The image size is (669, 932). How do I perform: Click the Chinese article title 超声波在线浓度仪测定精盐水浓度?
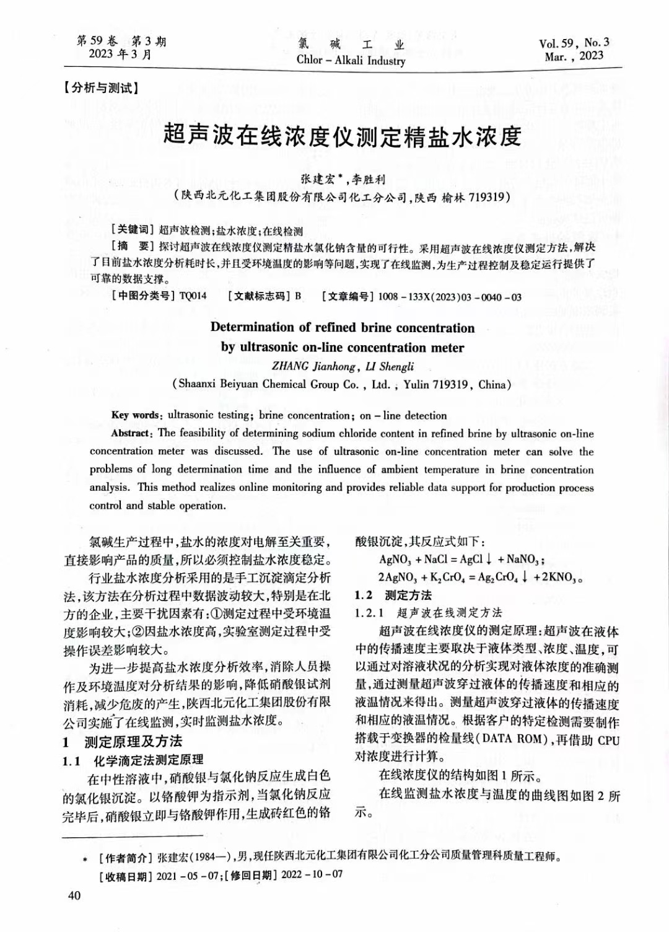pyautogui.click(x=342, y=136)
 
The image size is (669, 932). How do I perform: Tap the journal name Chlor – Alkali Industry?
pyautogui.click(x=351, y=60)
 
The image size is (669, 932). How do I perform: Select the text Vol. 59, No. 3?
pyautogui.click(x=574, y=43)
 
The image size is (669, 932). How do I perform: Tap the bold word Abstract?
pyautogui.click(x=131, y=434)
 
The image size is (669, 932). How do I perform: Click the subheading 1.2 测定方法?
pyautogui.click(x=393, y=595)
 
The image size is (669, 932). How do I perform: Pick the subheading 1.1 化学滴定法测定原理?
pyautogui.click(x=133, y=760)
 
